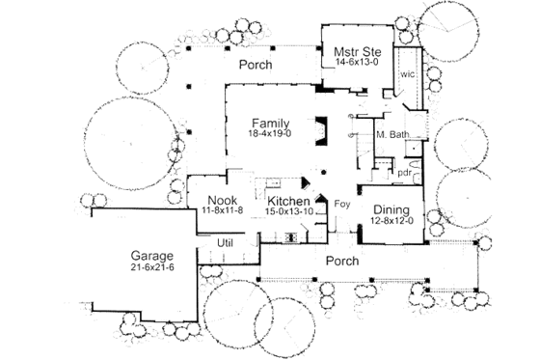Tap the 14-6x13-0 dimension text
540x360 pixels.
355,62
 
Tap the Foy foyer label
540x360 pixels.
340,205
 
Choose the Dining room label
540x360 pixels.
391,209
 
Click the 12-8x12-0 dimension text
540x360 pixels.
391,220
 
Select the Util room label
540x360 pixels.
225,242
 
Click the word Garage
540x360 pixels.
152,256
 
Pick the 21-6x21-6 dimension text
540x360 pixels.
152,267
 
